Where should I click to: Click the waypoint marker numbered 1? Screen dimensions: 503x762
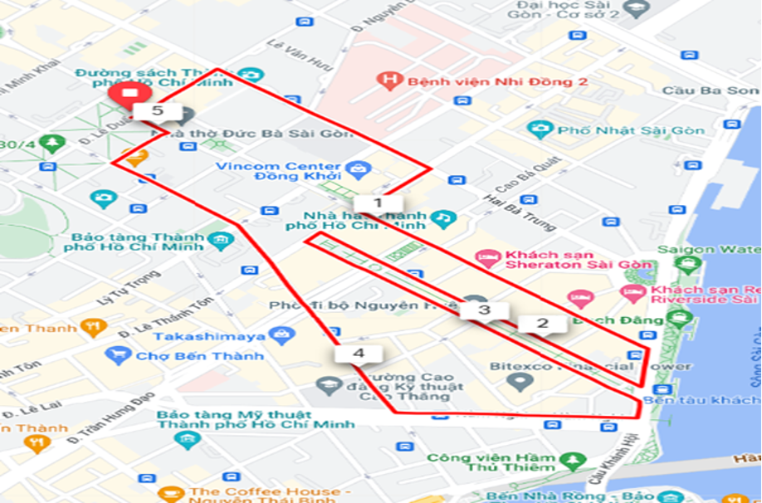click(379, 203)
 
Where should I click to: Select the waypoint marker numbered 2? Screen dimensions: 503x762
click(543, 324)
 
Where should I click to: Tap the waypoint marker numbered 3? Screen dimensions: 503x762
click(484, 310)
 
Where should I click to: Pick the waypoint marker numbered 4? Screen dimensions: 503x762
click(359, 354)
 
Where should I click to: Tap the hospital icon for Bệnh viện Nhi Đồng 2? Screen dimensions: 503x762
click(386, 81)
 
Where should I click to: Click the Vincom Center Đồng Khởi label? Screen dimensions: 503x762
click(278, 171)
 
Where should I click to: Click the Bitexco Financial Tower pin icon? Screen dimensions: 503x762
click(520, 382)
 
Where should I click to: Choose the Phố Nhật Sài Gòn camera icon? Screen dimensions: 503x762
click(540, 130)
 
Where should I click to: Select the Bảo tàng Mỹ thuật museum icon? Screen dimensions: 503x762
click(188, 440)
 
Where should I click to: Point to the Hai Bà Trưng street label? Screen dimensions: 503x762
click(506, 213)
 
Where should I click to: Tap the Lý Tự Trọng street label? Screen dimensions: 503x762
click(129, 287)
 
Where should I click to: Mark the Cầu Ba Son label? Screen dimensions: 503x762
click(723, 90)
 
